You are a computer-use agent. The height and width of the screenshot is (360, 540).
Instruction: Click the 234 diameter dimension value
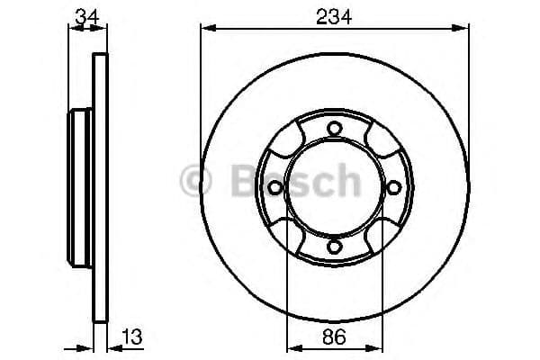tap(334, 14)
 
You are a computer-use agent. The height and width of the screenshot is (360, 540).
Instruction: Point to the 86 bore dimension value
tap(334, 338)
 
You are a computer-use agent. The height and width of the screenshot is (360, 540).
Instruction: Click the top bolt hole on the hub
tap(333, 128)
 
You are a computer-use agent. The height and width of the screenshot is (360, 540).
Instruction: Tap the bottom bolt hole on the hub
tap(333, 247)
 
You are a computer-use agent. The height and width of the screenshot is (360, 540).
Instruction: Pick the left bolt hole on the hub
tap(274, 187)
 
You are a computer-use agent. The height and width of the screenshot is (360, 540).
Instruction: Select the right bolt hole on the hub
tap(393, 187)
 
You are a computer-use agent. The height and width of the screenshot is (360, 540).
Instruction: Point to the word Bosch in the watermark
tap(287, 180)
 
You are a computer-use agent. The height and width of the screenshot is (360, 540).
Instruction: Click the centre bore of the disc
tap(333, 202)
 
